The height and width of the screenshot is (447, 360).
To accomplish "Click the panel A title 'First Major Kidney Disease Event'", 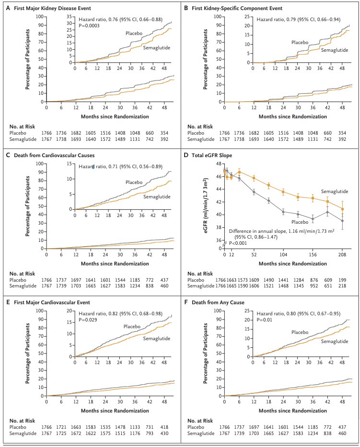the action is [x=52, y=8].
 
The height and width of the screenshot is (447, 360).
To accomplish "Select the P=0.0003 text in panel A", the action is [x=89, y=26].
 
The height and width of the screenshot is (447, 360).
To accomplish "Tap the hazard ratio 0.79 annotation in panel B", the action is [x=298, y=19].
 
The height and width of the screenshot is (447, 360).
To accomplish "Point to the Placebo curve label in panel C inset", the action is [x=134, y=182].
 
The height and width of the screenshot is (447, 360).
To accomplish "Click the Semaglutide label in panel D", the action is [x=335, y=192].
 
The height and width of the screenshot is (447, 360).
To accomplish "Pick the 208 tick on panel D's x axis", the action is [x=342, y=254].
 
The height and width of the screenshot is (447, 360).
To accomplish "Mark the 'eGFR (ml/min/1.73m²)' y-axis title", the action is [x=206, y=206].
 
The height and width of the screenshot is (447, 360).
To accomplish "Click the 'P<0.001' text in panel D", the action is [x=238, y=243].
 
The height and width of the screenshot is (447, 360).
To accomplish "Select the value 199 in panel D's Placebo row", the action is [x=342, y=280].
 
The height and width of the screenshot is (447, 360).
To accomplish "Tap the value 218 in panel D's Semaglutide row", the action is [x=342, y=286].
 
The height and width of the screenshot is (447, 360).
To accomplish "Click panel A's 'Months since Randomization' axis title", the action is [x=115, y=116].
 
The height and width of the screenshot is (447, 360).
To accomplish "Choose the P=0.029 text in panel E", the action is [x=88, y=320].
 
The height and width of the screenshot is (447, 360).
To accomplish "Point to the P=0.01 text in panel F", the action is [x=265, y=320].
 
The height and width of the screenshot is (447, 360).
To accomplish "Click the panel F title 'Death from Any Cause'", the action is [x=218, y=302].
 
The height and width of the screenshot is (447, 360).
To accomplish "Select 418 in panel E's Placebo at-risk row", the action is [x=164, y=427].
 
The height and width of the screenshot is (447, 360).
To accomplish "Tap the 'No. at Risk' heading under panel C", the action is [x=22, y=274].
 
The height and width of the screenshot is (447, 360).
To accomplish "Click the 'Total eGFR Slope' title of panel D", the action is [x=212, y=155].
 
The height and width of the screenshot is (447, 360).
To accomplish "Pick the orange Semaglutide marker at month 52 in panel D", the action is [x=254, y=178].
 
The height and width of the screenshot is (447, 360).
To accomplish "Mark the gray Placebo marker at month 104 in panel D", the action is [x=283, y=212].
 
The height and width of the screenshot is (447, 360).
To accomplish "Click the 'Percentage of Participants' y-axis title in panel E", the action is [x=28, y=353].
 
